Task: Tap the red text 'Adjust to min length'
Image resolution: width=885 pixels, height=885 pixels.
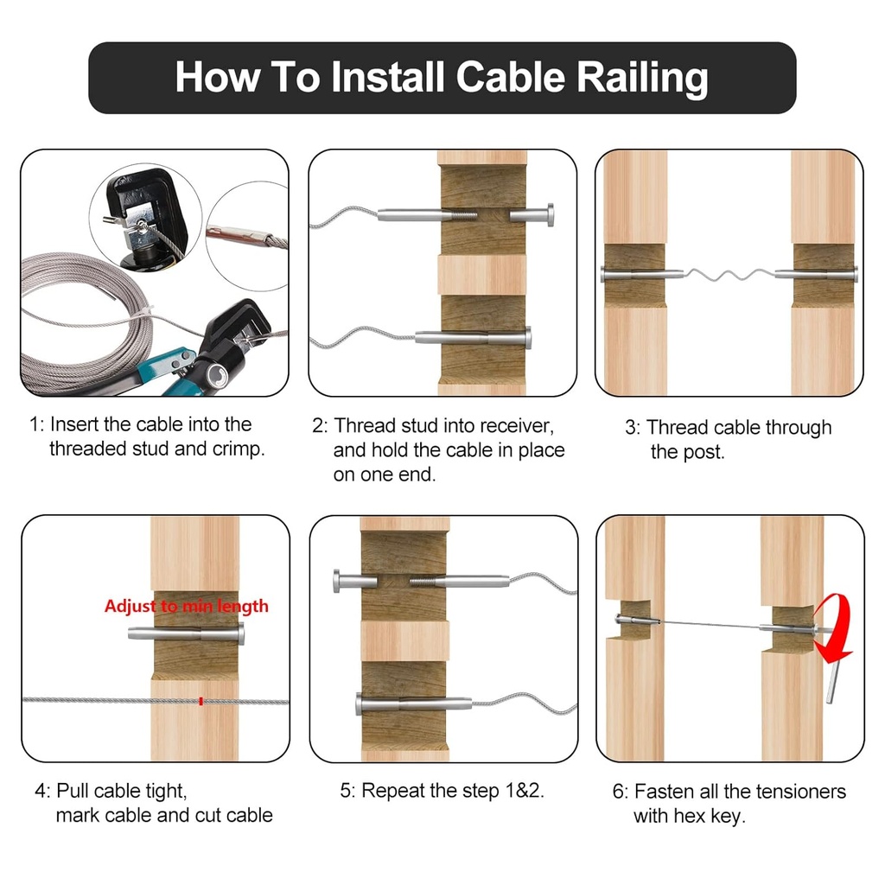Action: coord(186,606)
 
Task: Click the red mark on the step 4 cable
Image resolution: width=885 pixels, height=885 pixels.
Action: coord(201,701)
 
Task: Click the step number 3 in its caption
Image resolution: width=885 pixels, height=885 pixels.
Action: coord(631,428)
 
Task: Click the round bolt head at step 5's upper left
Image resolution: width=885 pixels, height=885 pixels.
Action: coord(338,581)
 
